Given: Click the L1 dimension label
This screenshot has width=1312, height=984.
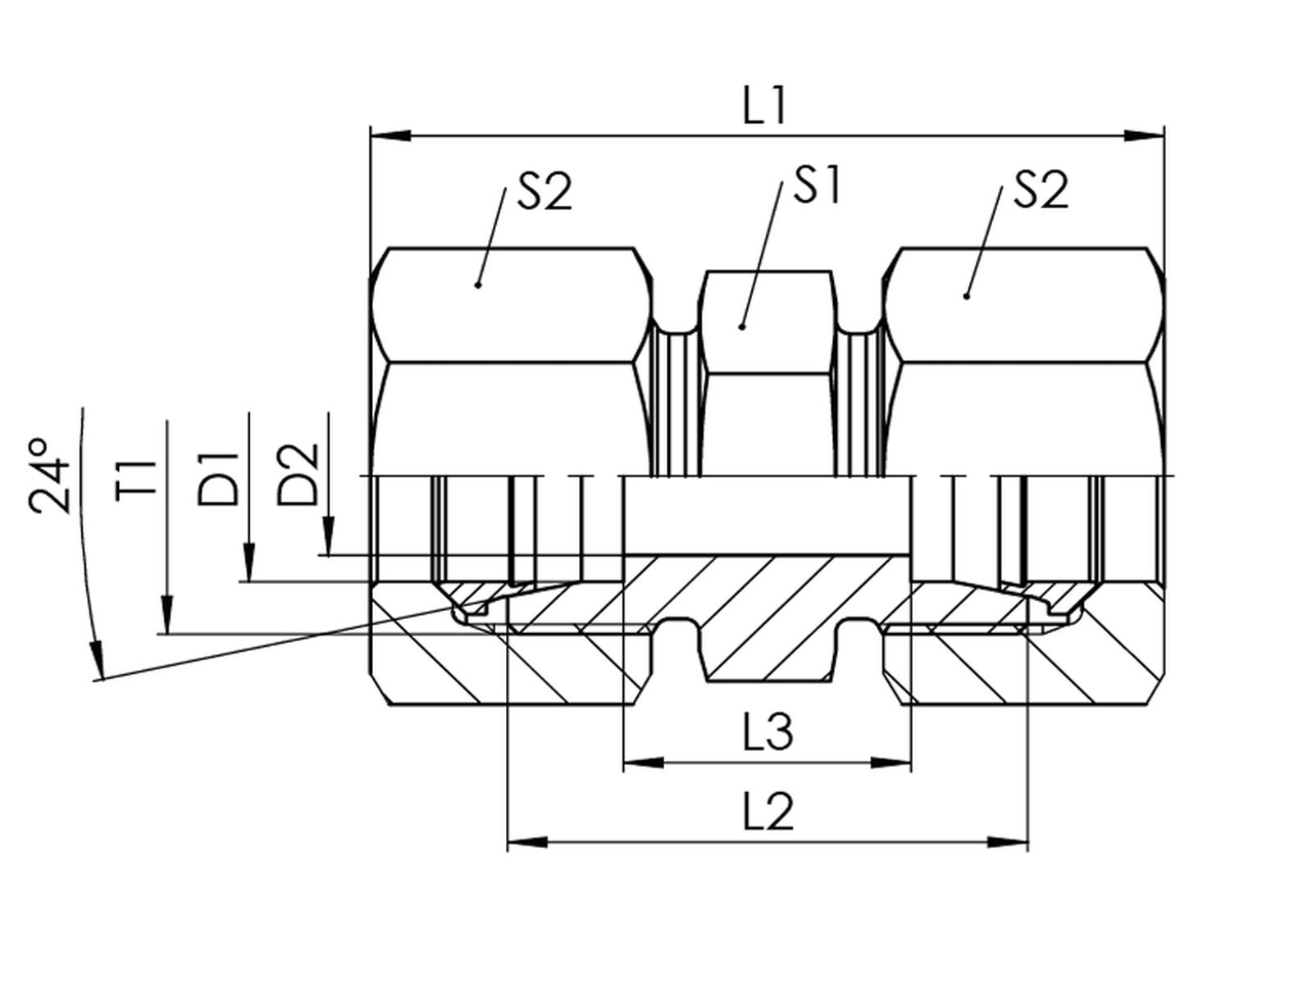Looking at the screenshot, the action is click(763, 107).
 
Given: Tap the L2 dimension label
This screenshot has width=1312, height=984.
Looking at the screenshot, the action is click(768, 811).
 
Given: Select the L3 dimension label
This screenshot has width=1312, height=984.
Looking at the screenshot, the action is click(768, 731).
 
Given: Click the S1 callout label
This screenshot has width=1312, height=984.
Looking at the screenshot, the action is click(817, 185).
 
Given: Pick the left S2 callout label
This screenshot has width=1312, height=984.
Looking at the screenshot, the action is click(544, 191).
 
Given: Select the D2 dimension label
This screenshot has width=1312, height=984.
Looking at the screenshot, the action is click(298, 475).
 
